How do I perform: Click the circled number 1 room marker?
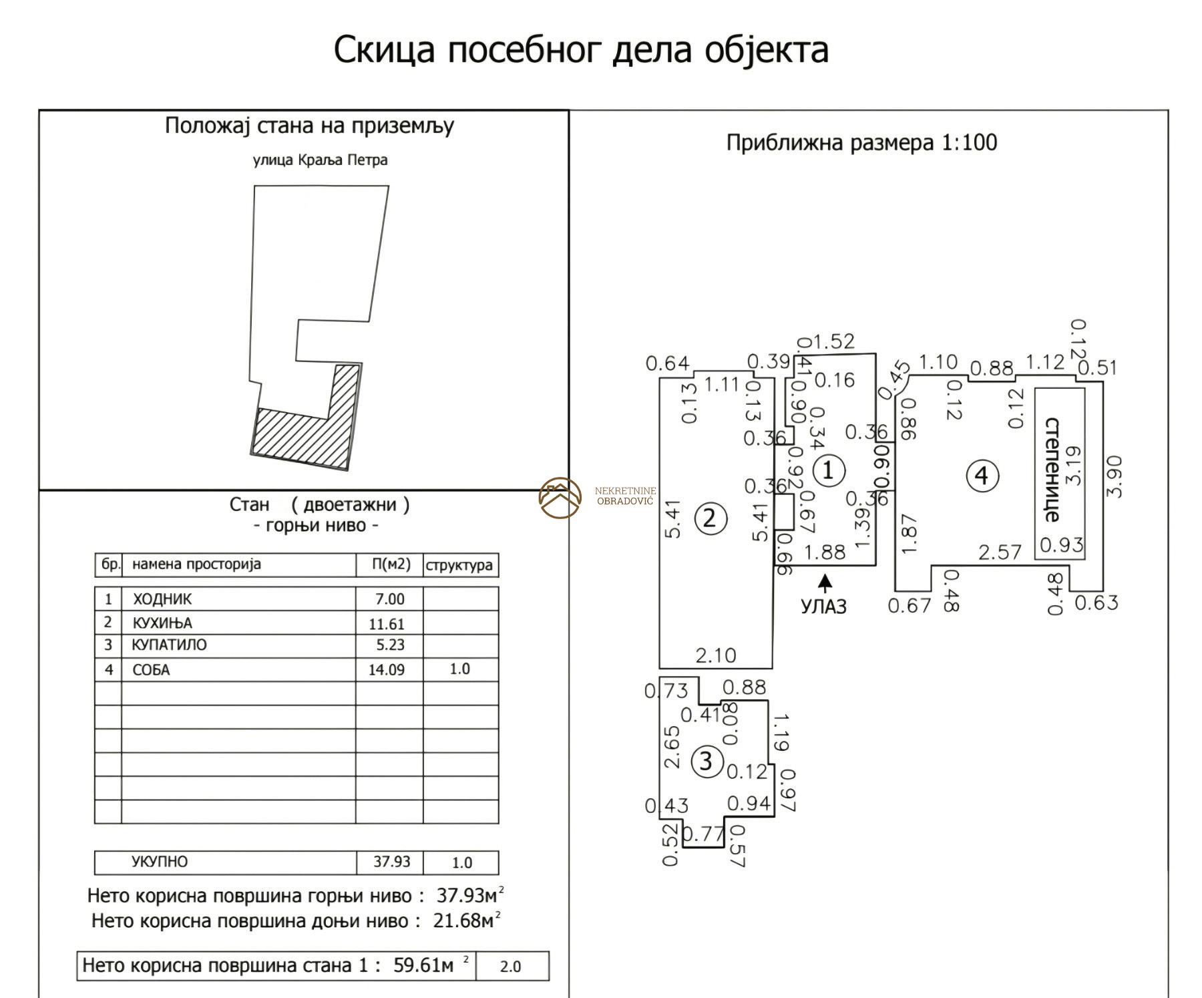pos(827,470)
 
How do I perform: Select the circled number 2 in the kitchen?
pos(710,518)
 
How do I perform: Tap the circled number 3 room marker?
pos(707,762)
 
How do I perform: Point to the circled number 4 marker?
pos(982,476)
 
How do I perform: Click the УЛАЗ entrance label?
pos(823,607)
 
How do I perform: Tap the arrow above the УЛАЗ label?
pos(826,583)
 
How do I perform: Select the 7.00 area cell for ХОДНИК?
pos(390,599)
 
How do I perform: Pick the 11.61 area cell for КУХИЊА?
pos(387,624)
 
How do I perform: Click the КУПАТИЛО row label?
pos(170,645)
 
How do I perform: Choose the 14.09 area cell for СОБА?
pos(387,669)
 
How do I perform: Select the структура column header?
pos(459,565)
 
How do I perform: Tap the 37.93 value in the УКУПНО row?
pos(392,862)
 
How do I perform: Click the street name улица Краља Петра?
pos(320,160)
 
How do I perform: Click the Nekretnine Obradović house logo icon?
pos(560,498)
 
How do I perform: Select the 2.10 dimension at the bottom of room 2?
pos(716,655)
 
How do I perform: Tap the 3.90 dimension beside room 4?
pos(1114,476)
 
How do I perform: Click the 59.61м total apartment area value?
pos(423,966)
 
